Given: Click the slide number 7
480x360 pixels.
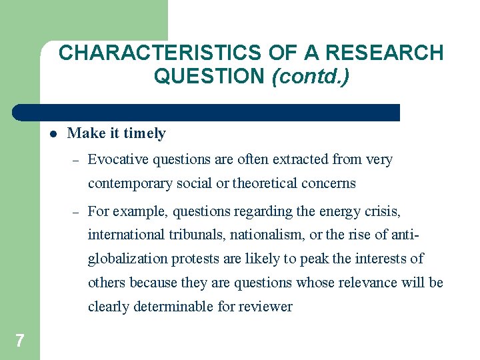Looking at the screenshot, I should [x=19, y=341].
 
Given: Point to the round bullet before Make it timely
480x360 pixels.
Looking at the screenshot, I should [x=52, y=133].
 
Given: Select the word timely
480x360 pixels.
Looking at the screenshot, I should [x=144, y=133].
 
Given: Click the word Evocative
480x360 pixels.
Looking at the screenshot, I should [x=118, y=159].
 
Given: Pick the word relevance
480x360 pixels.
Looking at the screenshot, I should [x=366, y=283].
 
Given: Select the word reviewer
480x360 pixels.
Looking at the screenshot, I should [x=265, y=307].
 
